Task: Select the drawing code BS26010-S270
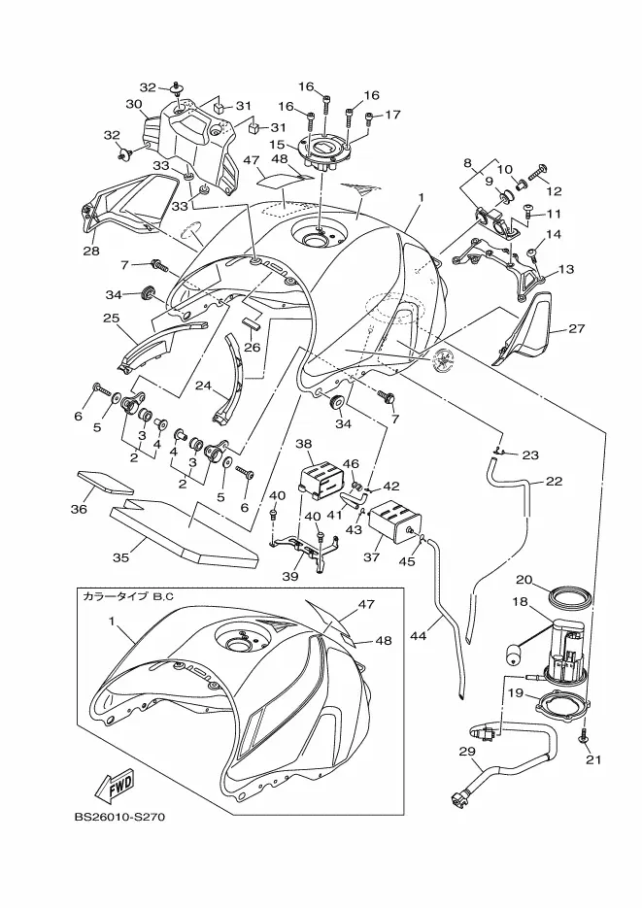pyautogui.click(x=119, y=817)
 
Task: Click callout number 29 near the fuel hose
pyautogui.click(x=467, y=752)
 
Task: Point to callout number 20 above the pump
pyautogui.click(x=524, y=580)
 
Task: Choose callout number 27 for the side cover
pyautogui.click(x=577, y=328)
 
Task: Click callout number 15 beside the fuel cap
pyautogui.click(x=277, y=143)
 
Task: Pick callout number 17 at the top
pyautogui.click(x=392, y=115)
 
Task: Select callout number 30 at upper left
pyautogui.click(x=134, y=104)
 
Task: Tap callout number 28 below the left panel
pyautogui.click(x=91, y=251)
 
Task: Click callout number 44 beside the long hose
pyautogui.click(x=418, y=635)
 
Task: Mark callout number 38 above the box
pyautogui.click(x=303, y=444)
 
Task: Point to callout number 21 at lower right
pyautogui.click(x=593, y=759)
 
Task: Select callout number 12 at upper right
pyautogui.click(x=554, y=191)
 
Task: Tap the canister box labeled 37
pyautogui.click(x=394, y=522)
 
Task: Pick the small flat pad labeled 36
pyautogui.click(x=105, y=482)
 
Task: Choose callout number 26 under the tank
pyautogui.click(x=252, y=347)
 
